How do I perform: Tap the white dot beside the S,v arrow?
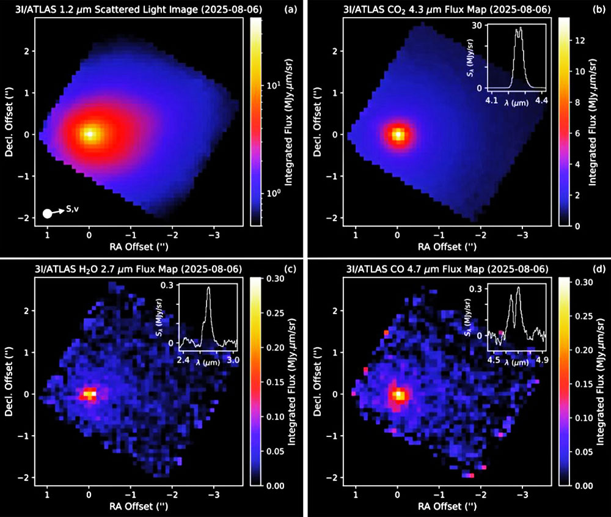click(48, 213)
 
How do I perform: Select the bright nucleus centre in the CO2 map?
click(398, 133)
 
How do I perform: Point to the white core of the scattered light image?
click(90, 133)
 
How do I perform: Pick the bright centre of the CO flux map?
click(398, 395)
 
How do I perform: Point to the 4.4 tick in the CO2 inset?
click(541, 100)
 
